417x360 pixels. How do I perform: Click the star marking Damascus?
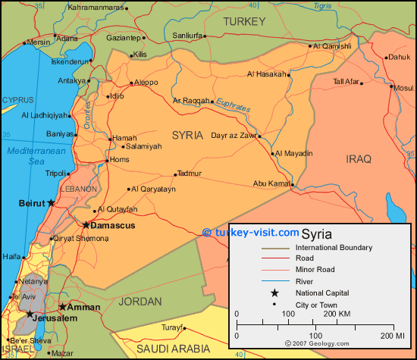tap(86, 225)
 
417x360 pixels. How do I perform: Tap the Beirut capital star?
tap(51, 203)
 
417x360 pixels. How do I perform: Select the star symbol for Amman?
tap(61, 307)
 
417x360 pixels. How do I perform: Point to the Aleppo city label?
tap(146, 83)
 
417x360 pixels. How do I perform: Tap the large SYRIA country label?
tap(187, 135)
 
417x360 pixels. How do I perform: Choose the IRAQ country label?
tap(359, 159)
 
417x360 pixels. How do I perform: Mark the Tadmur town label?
tap(189, 174)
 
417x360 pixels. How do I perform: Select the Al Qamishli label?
tap(331, 46)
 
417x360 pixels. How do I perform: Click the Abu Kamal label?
tap(271, 183)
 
